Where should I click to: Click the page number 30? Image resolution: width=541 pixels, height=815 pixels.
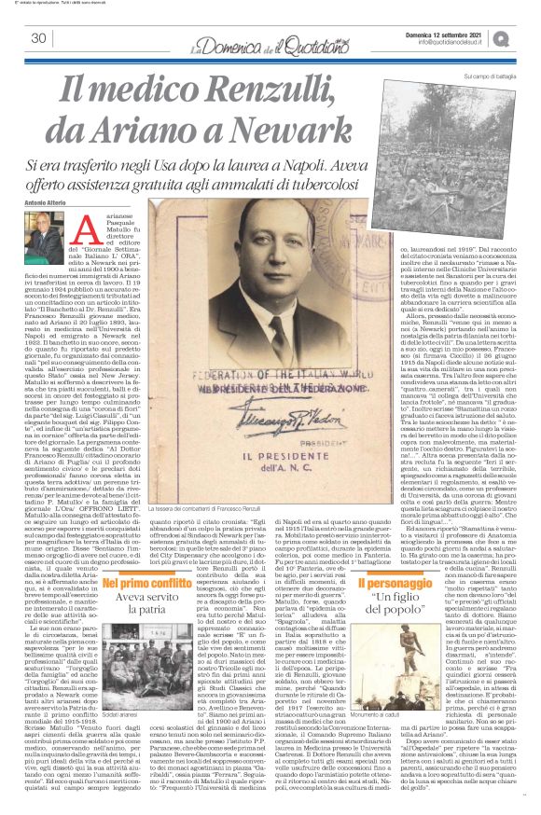[x=38, y=38]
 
